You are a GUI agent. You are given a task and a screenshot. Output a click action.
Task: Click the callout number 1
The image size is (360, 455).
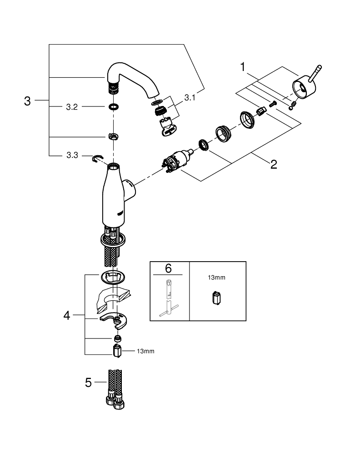pos(243,68)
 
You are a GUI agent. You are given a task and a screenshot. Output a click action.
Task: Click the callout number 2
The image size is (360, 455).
pos(274,164)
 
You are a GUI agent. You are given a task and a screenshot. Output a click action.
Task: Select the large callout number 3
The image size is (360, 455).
pos(27,101)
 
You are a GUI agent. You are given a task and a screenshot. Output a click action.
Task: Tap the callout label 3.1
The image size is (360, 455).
pos(190,97)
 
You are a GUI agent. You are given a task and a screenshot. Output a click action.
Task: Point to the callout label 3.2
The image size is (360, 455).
pos(72,107)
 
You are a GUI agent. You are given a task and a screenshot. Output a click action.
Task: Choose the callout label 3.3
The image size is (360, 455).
pos(72,156)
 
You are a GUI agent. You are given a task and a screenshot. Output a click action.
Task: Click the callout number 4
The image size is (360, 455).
pos(67,315)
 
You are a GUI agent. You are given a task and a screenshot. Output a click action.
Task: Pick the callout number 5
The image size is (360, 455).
pos(88,383)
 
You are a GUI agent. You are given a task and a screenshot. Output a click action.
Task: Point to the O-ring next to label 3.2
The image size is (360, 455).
pos(113,107)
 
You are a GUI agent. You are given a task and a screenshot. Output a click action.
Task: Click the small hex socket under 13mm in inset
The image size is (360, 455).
pos(216,298)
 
